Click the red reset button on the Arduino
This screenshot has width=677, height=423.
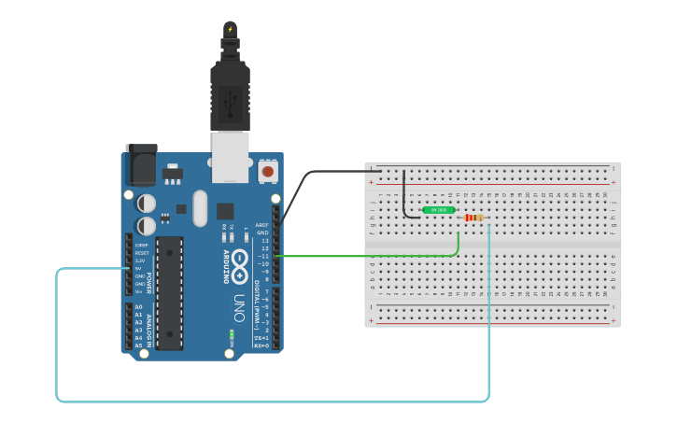(x=268, y=171)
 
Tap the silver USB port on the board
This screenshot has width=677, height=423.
(x=230, y=156)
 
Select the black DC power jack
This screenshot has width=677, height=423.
(x=141, y=166)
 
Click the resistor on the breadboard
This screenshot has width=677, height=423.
(x=474, y=218)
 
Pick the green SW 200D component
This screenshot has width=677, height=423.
(x=438, y=210)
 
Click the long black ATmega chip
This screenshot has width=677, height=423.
(x=169, y=292)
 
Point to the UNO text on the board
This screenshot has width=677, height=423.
(x=240, y=308)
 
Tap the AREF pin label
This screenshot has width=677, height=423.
(x=262, y=225)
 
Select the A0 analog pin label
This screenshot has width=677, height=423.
(x=138, y=307)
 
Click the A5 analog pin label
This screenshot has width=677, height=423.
(x=138, y=345)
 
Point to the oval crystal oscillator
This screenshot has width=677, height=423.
(x=199, y=208)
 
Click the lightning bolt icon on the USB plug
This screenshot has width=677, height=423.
(x=230, y=29)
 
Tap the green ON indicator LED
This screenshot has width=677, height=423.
(x=231, y=332)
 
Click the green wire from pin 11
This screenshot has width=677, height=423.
(x=374, y=255)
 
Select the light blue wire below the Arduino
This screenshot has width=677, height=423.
(x=271, y=402)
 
